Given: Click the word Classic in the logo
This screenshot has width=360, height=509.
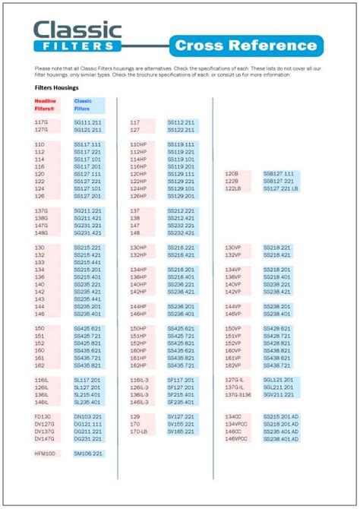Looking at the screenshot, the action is point(77,31).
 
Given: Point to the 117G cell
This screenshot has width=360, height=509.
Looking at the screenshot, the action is point(41,122).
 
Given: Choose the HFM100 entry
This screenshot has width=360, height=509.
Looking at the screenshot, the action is point(46,454).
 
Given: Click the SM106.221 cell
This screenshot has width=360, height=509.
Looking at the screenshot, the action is point(87,454).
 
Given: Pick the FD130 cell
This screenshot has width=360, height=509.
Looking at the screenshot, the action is point(43,417).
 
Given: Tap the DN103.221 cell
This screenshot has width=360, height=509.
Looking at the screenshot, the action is point(87,417).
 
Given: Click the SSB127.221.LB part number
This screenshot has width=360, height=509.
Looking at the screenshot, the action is point(281,188).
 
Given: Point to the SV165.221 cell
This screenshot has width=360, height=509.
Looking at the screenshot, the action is point(182,432).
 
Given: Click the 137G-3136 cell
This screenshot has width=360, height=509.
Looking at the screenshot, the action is point(238,394).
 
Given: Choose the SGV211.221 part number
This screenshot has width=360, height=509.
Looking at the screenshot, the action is point(278,394).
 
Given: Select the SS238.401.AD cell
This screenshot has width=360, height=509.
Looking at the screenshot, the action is point(281,439).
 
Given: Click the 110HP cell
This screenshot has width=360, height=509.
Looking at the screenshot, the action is point(138,144).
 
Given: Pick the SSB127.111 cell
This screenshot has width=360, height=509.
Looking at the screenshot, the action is point(278,174).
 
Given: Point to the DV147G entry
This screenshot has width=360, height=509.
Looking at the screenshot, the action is point(45,439).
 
